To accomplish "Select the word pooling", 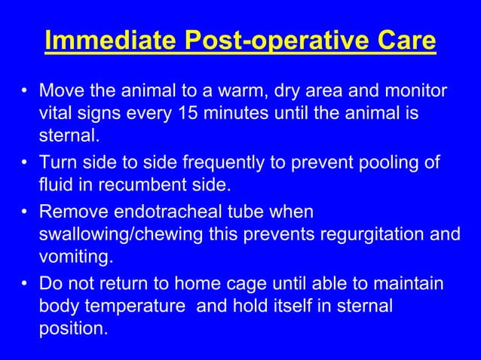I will click(x=385, y=163).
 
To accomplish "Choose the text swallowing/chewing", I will click(x=115, y=234).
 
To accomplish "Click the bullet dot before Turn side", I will click(x=25, y=163).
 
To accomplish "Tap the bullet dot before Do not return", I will click(x=25, y=283).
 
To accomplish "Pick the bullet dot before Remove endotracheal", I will click(x=25, y=212).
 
